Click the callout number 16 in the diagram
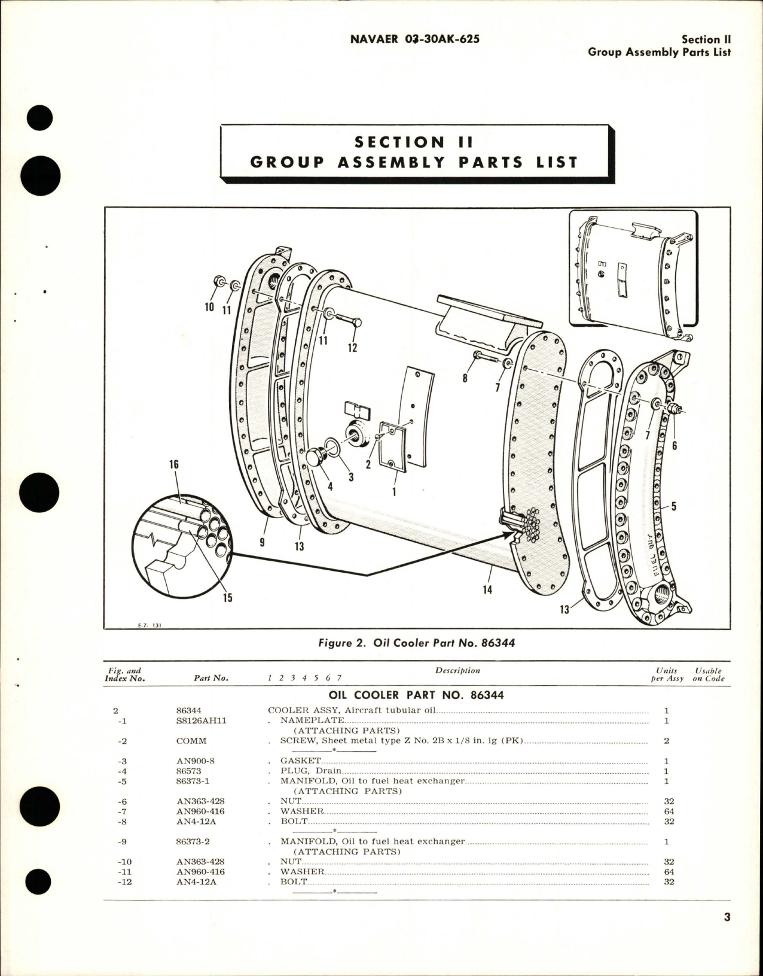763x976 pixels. [x=174, y=465]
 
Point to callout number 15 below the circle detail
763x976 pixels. [x=228, y=597]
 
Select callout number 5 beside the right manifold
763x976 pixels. [x=673, y=507]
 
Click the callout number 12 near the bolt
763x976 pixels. [x=352, y=347]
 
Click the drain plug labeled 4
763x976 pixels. [x=315, y=459]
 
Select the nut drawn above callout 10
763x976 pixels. [x=218, y=281]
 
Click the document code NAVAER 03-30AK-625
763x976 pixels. [x=414, y=39]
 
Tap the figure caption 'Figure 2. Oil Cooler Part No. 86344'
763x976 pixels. [x=416, y=643]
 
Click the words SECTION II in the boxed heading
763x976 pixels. [x=414, y=142]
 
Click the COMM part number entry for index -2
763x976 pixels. [x=191, y=741]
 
